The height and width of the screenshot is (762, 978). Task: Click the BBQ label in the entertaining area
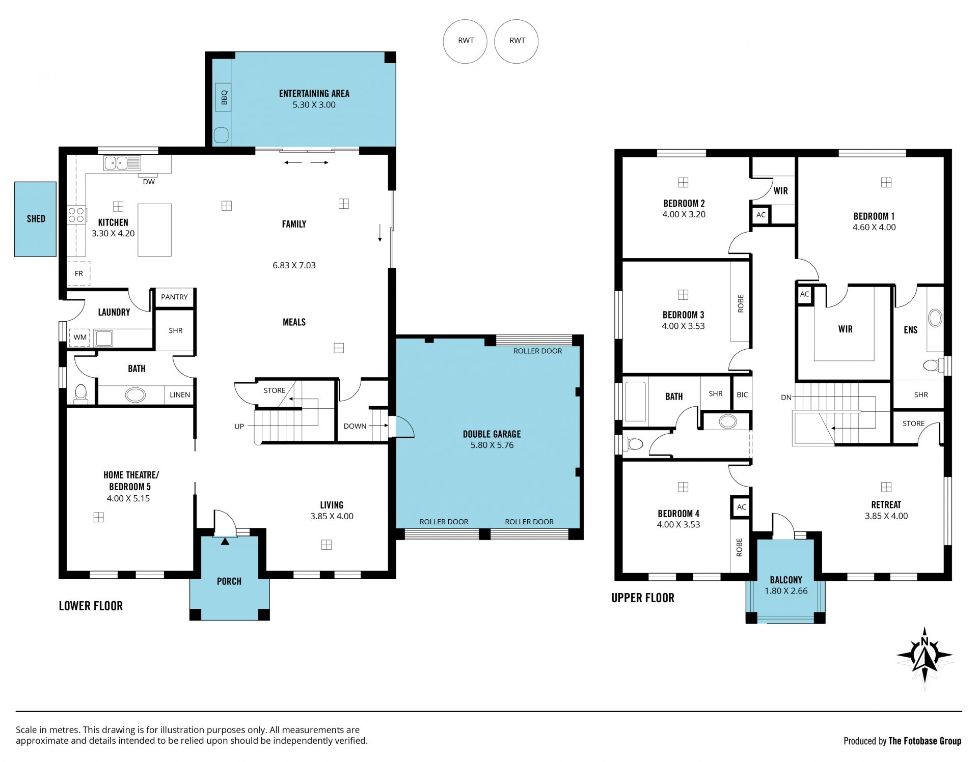[224, 97]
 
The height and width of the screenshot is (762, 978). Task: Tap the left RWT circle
[465, 41]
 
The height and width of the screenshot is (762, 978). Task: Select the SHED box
[35, 219]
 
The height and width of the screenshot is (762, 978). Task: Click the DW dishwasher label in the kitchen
[149, 182]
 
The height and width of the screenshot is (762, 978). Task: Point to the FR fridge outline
[79, 273]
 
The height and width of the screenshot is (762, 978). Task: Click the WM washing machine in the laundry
[79, 337]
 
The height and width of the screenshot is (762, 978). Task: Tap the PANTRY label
[174, 297]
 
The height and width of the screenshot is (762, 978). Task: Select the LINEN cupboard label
[180, 394]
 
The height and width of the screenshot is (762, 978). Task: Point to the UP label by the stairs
[239, 426]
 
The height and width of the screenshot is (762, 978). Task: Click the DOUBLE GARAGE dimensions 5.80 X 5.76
[492, 445]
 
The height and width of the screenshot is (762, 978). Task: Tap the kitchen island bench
[154, 230]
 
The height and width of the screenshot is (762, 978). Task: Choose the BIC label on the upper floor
[742, 394]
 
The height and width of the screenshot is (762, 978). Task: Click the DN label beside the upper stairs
[786, 397]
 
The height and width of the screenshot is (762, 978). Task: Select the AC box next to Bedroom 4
[741, 507]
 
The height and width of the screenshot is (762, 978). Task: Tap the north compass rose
[925, 659]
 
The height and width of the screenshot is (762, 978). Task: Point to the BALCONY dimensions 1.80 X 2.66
[786, 591]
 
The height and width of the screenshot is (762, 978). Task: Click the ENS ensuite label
[910, 330]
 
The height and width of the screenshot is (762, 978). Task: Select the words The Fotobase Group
[925, 741]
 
